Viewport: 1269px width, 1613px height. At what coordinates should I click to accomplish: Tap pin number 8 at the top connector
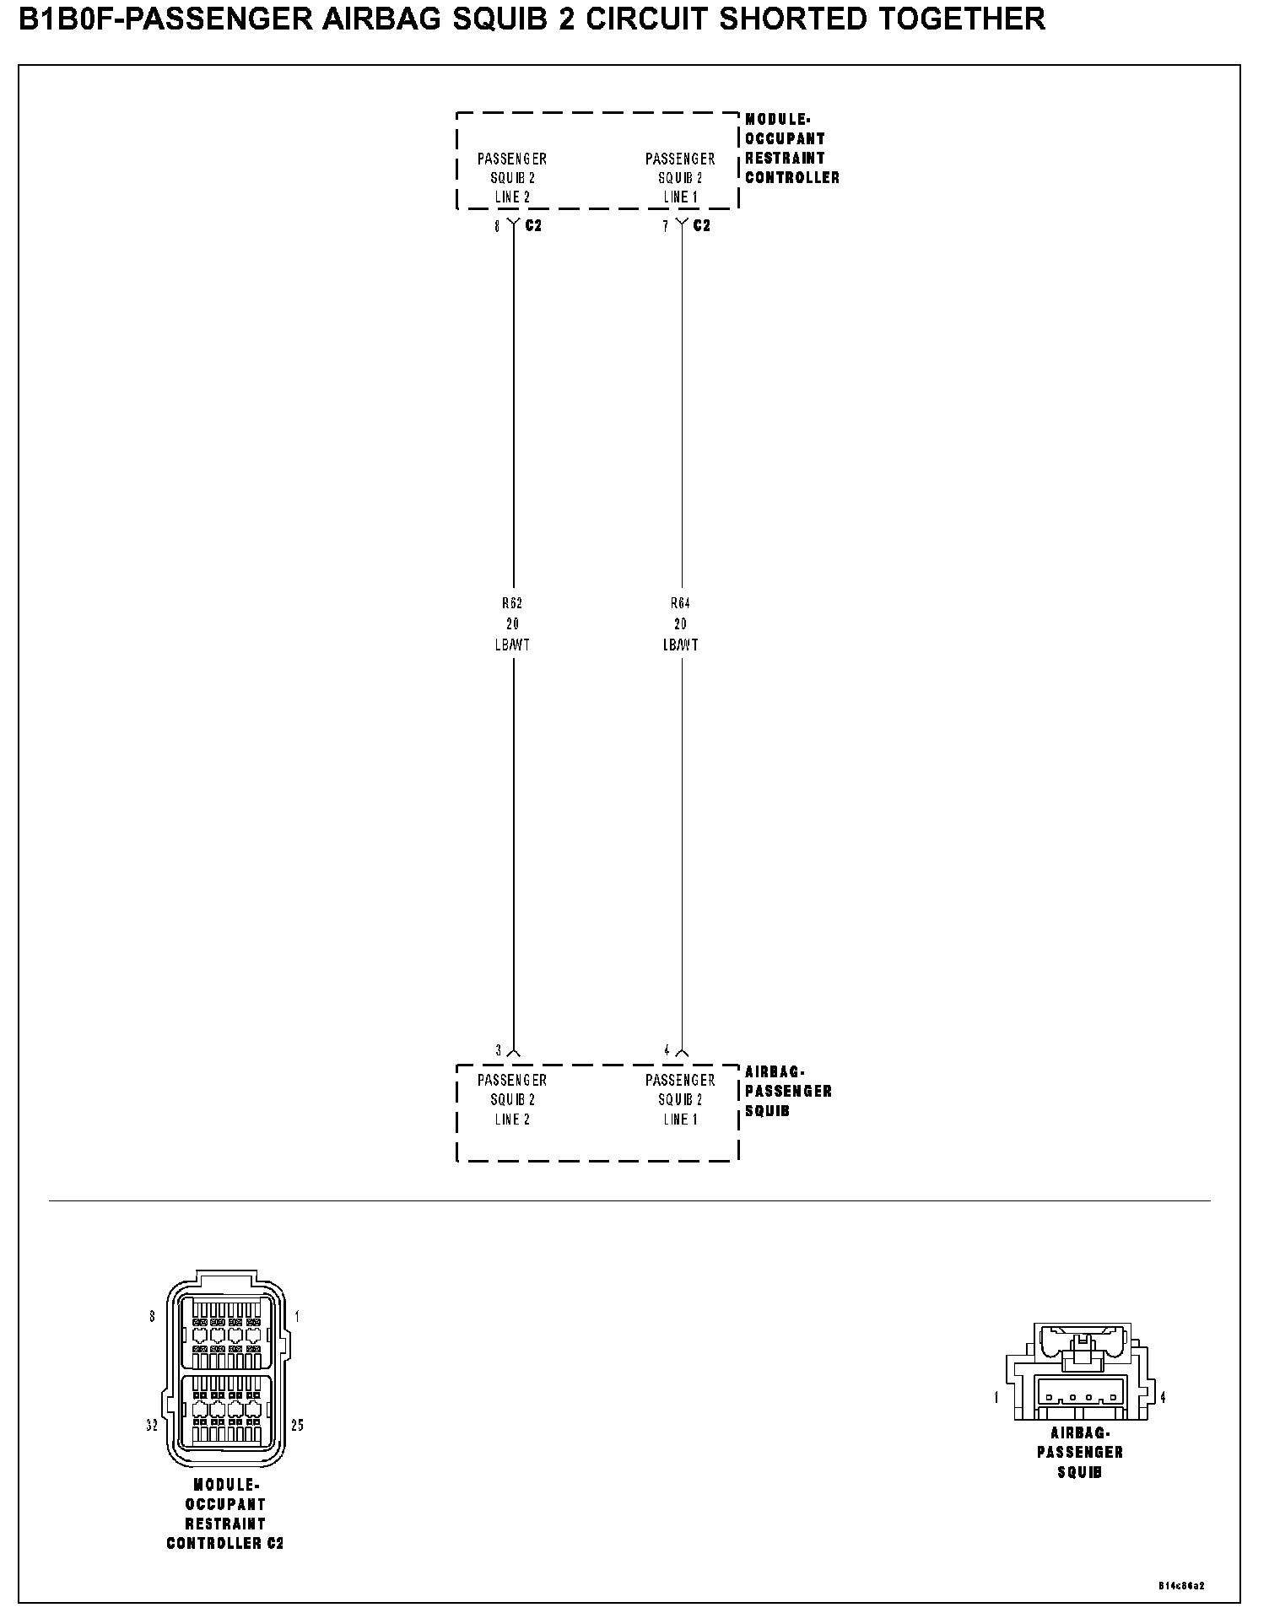point(497,226)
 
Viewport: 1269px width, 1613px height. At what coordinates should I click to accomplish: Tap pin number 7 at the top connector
point(665,226)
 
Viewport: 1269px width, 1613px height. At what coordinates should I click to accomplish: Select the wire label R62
point(512,603)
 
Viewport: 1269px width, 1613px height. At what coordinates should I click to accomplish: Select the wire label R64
point(680,603)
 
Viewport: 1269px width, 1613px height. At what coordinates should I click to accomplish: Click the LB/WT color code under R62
point(512,645)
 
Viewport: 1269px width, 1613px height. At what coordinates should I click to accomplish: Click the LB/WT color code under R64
point(680,645)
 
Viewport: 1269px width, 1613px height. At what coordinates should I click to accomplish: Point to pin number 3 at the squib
point(498,1050)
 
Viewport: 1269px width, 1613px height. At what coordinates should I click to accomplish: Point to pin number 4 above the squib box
point(667,1050)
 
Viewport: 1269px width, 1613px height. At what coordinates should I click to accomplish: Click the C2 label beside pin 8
point(533,226)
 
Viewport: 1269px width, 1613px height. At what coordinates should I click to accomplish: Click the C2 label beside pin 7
point(701,226)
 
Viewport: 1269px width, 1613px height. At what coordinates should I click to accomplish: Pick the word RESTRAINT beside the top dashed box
point(785,158)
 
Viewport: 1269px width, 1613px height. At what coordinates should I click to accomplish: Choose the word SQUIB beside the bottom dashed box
point(767,1111)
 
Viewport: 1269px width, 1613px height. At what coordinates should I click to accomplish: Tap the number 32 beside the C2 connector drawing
point(152,1426)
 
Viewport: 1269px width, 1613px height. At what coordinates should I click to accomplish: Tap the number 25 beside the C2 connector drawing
point(297,1426)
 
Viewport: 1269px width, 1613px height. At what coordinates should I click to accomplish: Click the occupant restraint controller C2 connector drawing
point(225,1370)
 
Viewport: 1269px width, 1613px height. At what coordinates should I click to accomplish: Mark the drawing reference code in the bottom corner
point(1181,1586)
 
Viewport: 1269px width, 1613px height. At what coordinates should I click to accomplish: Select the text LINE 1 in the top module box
point(680,197)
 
